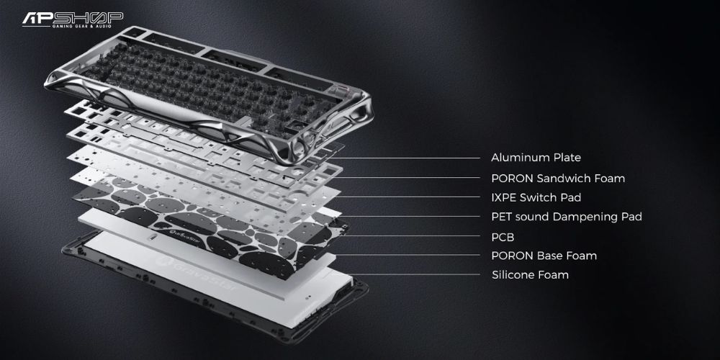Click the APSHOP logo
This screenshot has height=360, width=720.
pyautogui.click(x=73, y=19)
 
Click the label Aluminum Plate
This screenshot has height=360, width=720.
pyautogui.click(x=536, y=158)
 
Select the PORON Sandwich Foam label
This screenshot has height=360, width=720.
pyautogui.click(x=558, y=178)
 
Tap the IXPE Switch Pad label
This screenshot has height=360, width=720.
pyautogui.click(x=536, y=197)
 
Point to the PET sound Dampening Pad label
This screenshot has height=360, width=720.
pyautogui.click(x=567, y=217)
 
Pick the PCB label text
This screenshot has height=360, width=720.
pyautogui.click(x=503, y=238)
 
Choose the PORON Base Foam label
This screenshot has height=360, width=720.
pyautogui.click(x=544, y=256)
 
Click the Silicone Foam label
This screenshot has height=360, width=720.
pyautogui.click(x=530, y=275)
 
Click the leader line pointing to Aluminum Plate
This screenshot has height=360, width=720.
pyautogui.click(x=403, y=158)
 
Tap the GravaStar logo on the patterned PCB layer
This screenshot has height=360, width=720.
pyautogui.click(x=174, y=235)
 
